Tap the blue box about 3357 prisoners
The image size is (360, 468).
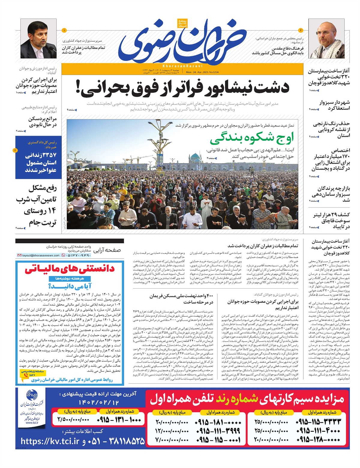[x=38, y=157]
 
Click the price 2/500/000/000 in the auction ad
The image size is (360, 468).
[x=73, y=420]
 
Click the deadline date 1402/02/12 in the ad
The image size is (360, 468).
[x=98, y=402]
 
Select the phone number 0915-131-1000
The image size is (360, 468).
[x=119, y=420]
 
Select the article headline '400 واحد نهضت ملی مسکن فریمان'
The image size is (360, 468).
[x=181, y=299]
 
